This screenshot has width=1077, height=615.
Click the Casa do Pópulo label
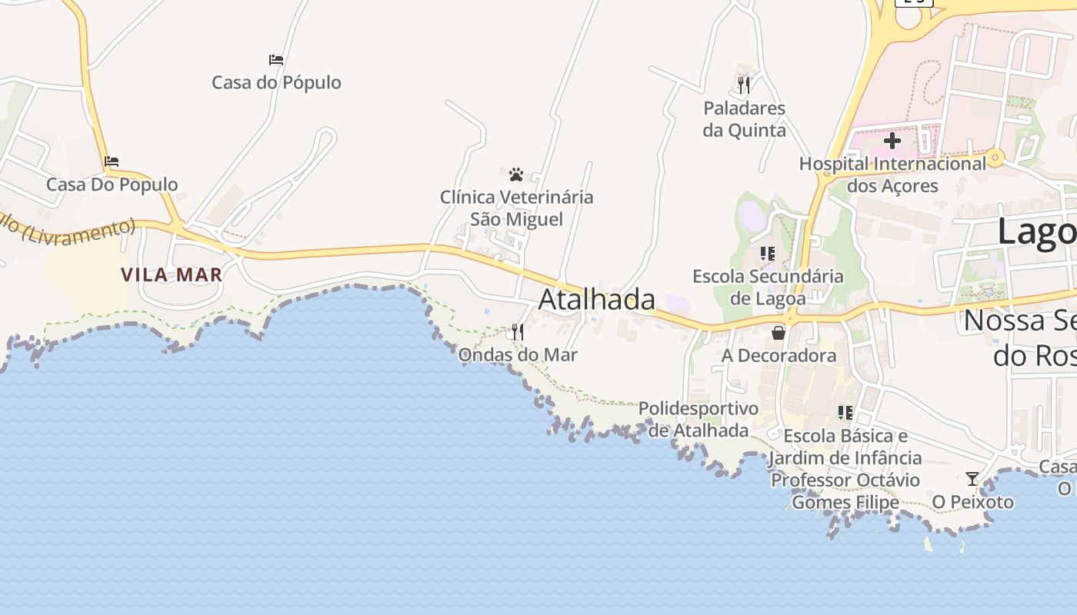coord(276,82)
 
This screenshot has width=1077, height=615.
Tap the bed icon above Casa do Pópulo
coord(276,60)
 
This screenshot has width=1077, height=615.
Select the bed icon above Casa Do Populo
coord(112,161)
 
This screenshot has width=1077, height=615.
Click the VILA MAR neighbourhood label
coord(172,274)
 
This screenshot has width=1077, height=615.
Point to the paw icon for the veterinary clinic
coord(516,175)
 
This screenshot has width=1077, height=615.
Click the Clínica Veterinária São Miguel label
coord(516,208)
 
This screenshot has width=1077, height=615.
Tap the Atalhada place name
coord(597,299)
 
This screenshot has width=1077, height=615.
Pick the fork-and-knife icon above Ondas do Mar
coord(518,332)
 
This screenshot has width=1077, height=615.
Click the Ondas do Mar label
coord(518,354)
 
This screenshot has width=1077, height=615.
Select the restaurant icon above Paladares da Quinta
coord(744,85)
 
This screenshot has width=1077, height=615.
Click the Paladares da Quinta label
coord(744,118)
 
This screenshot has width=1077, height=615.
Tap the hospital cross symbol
coord(892,141)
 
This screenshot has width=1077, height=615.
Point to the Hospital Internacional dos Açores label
coord(892,175)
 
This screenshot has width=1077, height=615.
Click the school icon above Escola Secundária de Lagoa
coord(767,253)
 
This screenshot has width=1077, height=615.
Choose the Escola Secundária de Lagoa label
coord(768,287)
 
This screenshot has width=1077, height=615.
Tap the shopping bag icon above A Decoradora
coord(779,332)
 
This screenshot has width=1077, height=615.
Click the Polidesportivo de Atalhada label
coord(699,419)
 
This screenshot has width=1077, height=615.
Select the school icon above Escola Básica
coord(845,413)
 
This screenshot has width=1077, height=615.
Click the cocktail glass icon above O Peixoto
coord(972,479)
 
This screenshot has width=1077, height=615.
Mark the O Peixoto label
coord(972,502)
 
